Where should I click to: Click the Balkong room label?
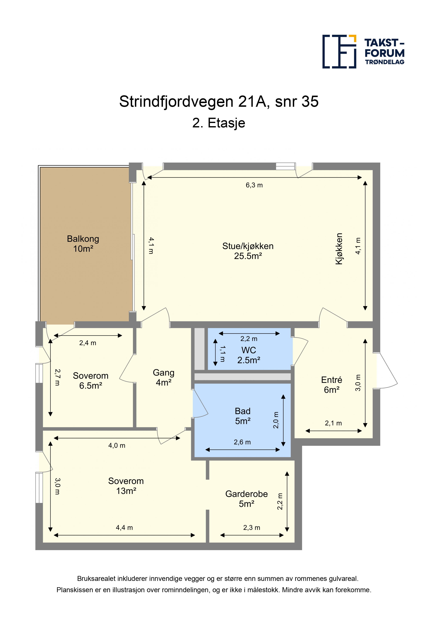83,244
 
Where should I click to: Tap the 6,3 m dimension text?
254,185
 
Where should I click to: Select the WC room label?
248,355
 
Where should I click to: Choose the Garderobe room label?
246,499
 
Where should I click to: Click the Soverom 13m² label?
126,486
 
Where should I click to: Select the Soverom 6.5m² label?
91,381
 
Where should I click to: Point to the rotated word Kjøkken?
339,249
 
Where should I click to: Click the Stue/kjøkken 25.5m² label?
248,251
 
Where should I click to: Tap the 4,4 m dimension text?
124,528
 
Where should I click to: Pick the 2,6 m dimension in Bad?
242,442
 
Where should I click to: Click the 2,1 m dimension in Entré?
333,423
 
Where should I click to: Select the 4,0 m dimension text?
117,446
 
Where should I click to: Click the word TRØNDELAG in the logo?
384,62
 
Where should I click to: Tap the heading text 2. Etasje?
219,123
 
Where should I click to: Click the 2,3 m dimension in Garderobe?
251,528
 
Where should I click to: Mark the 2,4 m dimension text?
88,343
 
